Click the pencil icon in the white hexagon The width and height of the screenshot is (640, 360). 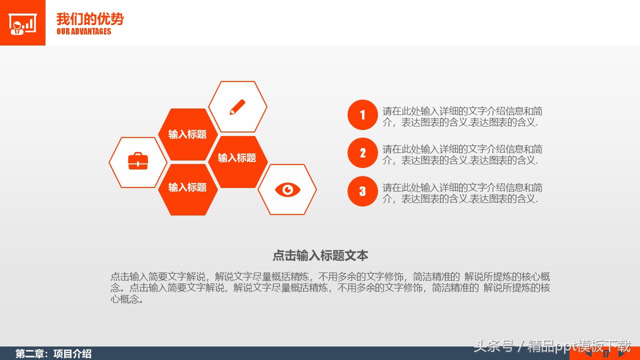click(237, 107)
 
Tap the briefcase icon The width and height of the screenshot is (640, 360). click(138, 161)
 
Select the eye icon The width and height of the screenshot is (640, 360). click(287, 189)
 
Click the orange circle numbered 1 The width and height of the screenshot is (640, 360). click(362, 115)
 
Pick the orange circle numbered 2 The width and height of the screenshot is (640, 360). click(362, 153)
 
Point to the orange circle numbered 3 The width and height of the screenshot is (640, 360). click(362, 191)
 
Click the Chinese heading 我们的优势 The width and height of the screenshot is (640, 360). click(90, 19)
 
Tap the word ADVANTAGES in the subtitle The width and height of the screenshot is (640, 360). click(91, 31)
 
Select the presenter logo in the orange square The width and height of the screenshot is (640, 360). click(22, 23)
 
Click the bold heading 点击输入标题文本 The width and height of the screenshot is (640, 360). click(320, 255)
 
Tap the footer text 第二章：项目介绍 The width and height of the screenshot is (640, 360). click(53, 354)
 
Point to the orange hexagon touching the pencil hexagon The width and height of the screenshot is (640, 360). click(187, 134)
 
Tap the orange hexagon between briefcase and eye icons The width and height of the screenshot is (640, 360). click(187, 187)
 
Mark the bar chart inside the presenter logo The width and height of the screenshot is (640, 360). click(29, 23)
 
